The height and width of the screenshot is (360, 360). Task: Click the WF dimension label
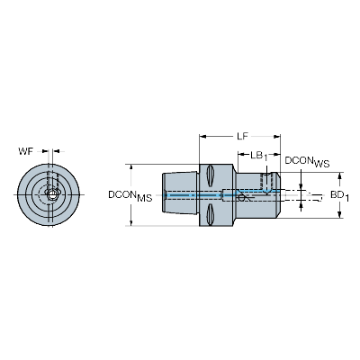click(x=26, y=151)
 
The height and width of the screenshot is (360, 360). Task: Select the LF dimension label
click(x=242, y=137)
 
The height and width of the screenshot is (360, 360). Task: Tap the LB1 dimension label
click(x=258, y=156)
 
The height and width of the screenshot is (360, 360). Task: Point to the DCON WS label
click(x=307, y=162)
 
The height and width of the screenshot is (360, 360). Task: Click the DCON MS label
click(x=130, y=196)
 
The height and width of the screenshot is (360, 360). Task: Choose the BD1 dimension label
click(x=340, y=196)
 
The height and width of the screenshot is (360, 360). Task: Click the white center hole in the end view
click(x=52, y=195)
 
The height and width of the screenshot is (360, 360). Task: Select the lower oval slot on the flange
click(x=210, y=214)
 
